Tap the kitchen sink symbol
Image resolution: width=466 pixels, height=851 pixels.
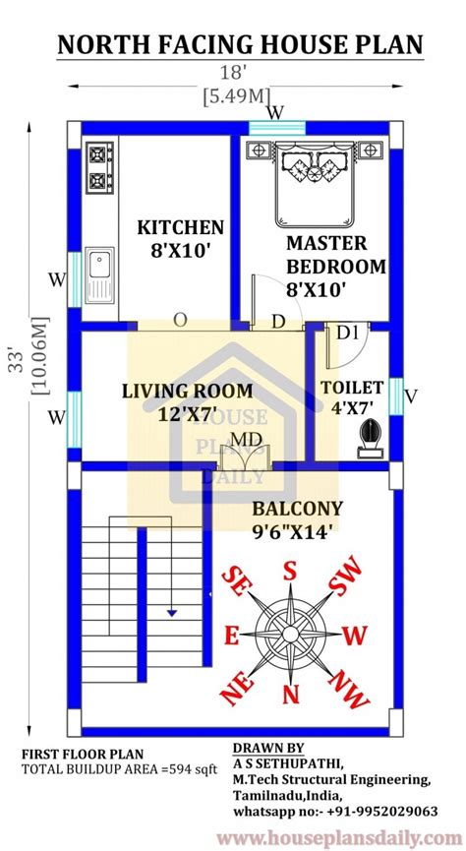[x=98, y=274]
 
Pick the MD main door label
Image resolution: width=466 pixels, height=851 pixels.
[x=245, y=438]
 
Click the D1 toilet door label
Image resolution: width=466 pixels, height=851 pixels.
[x=348, y=334]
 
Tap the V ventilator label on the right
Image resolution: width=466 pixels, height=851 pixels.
[x=411, y=396]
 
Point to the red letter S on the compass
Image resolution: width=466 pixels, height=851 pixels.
[x=290, y=572]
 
